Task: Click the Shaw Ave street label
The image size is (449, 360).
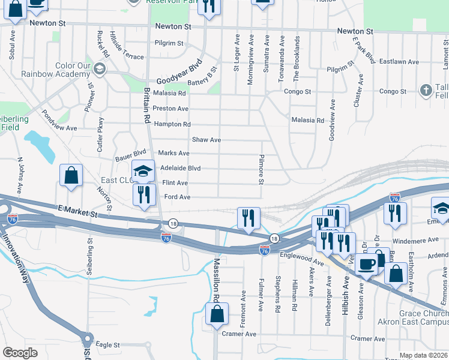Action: click(x=206, y=140)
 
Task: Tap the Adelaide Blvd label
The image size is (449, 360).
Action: click(x=180, y=169)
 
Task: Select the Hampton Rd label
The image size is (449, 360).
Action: click(x=172, y=124)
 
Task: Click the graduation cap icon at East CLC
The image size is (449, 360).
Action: click(x=143, y=173)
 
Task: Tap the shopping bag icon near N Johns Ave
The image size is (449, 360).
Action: click(x=71, y=176)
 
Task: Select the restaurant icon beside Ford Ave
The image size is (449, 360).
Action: click(x=144, y=194)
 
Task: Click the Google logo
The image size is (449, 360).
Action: click(x=20, y=352)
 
